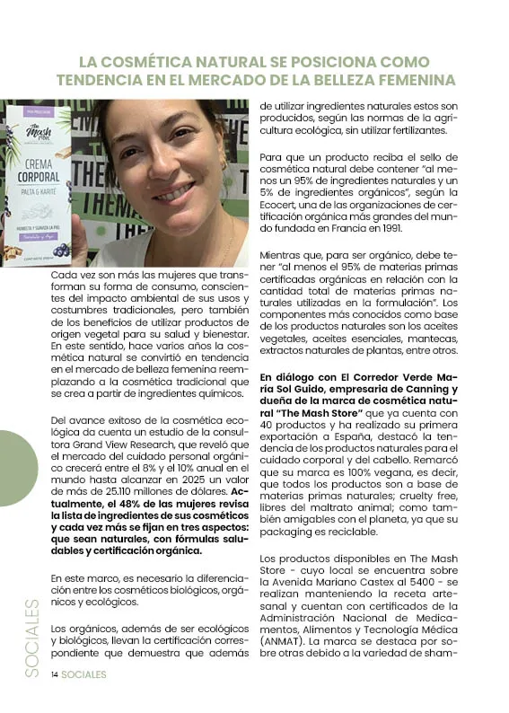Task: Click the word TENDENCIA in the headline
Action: point(99,79)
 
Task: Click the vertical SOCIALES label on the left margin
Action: point(31,638)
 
